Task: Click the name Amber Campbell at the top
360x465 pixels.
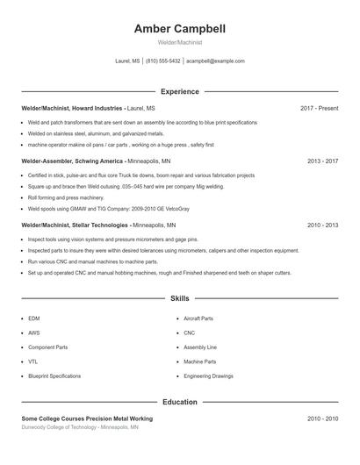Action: coord(180,29)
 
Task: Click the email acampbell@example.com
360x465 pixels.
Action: coord(215,61)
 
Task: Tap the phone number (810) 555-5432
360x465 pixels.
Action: coord(162,61)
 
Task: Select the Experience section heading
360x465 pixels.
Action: coord(180,91)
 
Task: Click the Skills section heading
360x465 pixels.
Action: coord(180,298)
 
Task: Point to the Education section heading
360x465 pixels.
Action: coord(180,402)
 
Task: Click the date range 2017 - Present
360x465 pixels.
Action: coord(319,108)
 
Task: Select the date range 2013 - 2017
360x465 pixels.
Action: coord(322,161)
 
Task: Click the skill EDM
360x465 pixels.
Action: coord(33,318)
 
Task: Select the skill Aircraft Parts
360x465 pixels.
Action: coord(198,318)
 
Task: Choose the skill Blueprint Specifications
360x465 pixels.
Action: coord(54,376)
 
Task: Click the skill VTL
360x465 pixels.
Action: coord(32,361)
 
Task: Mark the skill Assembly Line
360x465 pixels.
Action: coord(200,347)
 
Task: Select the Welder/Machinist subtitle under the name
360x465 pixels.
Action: coord(180,42)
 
